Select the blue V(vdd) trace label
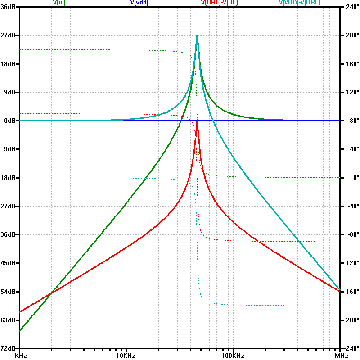tap(139, 3)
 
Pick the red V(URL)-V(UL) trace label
tap(219, 3)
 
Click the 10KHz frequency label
tap(126, 355)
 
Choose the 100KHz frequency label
tap(233, 355)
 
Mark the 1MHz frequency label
tap(339, 355)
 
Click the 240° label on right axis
tap(350, 7)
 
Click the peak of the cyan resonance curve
tap(197, 36)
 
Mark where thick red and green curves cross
tap(52, 293)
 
